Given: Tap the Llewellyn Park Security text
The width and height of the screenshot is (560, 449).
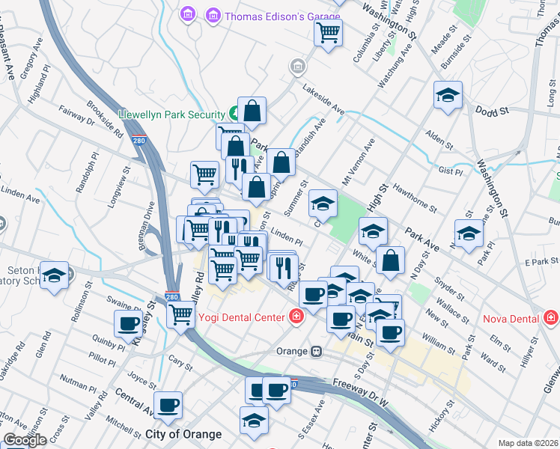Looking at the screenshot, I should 171,114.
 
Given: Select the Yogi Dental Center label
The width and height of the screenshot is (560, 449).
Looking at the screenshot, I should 242,317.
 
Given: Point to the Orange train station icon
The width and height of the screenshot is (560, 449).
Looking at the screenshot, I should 317,351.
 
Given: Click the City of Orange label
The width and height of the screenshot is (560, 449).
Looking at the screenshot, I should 183,434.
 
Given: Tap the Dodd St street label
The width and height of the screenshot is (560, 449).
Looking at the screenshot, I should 492,111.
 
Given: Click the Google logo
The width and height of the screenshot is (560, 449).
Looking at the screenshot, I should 25,441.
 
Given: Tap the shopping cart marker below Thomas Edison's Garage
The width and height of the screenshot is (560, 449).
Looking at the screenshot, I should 328,33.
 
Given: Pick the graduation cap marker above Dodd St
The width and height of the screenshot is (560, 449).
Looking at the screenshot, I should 448,95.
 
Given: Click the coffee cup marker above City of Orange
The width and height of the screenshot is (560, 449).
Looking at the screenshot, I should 168,405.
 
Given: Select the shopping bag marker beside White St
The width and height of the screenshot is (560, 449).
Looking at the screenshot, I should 391,260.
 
